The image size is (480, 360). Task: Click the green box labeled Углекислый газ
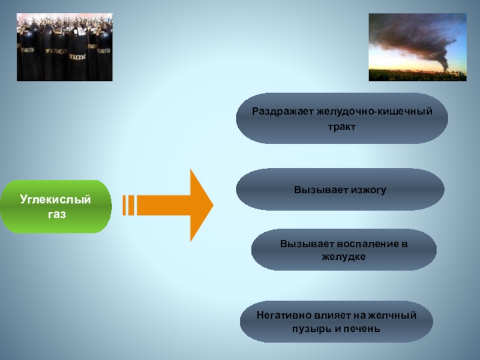pyautogui.click(x=56, y=206)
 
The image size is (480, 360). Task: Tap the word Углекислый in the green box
pyautogui.click(x=56, y=199)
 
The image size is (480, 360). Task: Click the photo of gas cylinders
pyautogui.click(x=64, y=47)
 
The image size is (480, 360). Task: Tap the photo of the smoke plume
pyautogui.click(x=417, y=47)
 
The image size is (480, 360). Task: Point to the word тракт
pyautogui.click(x=342, y=127)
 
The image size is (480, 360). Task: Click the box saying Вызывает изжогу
pyautogui.click(x=340, y=190)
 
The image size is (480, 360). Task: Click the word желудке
pyautogui.click(x=344, y=256)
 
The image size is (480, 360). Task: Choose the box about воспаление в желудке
pyautogui.click(x=344, y=250)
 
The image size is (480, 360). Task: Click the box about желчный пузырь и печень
pyautogui.click(x=336, y=322)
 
